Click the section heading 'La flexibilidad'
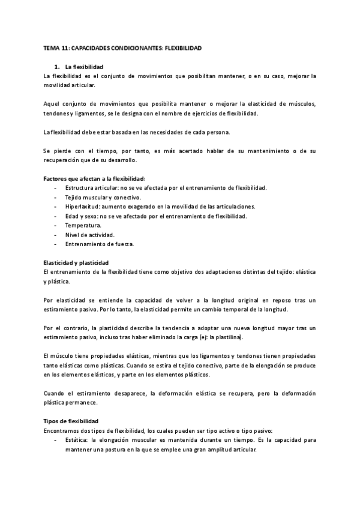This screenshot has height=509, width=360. click(x=83, y=66)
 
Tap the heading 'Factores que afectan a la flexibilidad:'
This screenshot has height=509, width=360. click(x=95, y=178)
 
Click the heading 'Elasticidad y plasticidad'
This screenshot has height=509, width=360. click(x=76, y=262)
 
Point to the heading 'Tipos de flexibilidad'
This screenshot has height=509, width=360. click(x=71, y=421)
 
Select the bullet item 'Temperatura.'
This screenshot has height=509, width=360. click(x=85, y=225)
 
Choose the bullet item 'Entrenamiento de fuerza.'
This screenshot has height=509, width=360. click(x=100, y=244)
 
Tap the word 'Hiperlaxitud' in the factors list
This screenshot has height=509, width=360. click(x=82, y=206)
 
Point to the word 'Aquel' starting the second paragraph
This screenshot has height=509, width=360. click(x=53, y=104)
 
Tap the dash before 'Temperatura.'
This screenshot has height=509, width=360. click(x=55, y=225)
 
